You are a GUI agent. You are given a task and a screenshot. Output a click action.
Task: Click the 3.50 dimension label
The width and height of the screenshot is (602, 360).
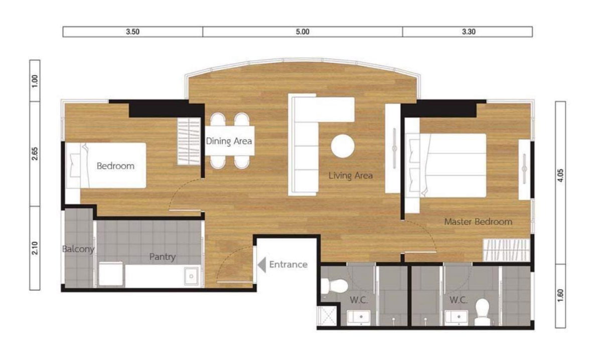tap(133, 32)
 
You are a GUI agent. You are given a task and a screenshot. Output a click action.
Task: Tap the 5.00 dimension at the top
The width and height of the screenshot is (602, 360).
tap(303, 32)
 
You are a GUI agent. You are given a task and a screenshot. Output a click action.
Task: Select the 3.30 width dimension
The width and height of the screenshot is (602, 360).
tap(469, 32)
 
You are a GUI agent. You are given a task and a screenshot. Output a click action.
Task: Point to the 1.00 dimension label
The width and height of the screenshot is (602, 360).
tap(35, 81)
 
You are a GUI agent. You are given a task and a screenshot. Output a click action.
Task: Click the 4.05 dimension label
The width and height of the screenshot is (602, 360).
tap(561, 175)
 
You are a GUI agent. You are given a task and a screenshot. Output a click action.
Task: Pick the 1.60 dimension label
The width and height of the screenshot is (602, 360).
tap(561, 295)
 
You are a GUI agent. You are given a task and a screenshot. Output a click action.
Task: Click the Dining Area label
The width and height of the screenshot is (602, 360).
tap(229, 141)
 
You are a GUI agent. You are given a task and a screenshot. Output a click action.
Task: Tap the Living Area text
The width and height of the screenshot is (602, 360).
tap(351, 175)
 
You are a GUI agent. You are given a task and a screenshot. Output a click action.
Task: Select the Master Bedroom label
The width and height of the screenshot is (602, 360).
tap(479, 222)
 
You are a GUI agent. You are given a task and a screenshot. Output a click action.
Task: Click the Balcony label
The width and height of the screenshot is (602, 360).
tap(78, 249)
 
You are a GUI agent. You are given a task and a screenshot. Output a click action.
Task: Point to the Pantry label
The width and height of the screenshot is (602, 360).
tap(163, 257)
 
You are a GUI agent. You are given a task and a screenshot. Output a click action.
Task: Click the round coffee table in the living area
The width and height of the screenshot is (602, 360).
tap(343, 146)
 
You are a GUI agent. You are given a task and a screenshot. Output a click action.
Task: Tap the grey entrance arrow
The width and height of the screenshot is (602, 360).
tap(262, 265)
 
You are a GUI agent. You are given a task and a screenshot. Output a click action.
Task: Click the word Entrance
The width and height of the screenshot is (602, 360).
tap(288, 265)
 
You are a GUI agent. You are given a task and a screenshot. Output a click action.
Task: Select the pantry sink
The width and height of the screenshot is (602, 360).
tap(191, 276)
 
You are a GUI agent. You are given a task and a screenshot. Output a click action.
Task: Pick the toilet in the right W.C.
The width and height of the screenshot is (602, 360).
tap(482, 312)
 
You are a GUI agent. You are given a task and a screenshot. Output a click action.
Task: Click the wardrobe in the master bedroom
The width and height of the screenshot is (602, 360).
tap(506, 250)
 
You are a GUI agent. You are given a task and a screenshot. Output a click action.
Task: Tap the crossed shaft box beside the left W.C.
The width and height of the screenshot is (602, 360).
tap(327, 316)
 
